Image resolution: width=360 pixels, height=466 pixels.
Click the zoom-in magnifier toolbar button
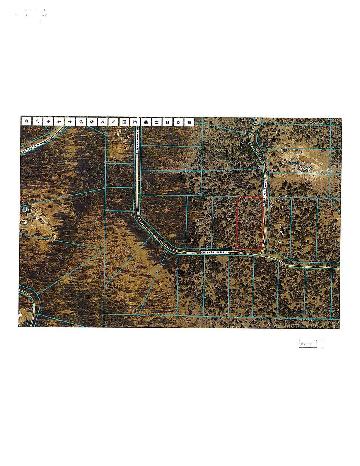(x=27, y=121)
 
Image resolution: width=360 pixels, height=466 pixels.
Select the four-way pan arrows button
(x=48, y=121)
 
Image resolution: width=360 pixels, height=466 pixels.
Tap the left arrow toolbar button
(x=59, y=121)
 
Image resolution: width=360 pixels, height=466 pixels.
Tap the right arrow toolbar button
(x=70, y=121)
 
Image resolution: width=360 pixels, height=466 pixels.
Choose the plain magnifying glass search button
(x=81, y=121)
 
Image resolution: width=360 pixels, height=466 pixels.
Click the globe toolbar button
(x=91, y=121)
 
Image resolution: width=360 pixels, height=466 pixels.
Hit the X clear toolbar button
(x=102, y=121)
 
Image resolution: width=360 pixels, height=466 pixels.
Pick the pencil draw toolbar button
(x=113, y=121)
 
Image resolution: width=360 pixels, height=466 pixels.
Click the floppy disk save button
(x=135, y=121)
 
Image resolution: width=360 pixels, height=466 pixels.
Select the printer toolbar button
(x=146, y=121)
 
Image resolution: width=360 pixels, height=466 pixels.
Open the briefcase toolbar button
(x=157, y=121)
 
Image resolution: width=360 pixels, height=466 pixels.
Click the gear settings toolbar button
(x=178, y=121)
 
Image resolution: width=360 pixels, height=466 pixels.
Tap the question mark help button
(x=168, y=121)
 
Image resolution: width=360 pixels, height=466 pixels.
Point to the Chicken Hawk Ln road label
(x=216, y=252)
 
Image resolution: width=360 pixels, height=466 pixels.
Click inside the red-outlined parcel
(x=249, y=223)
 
